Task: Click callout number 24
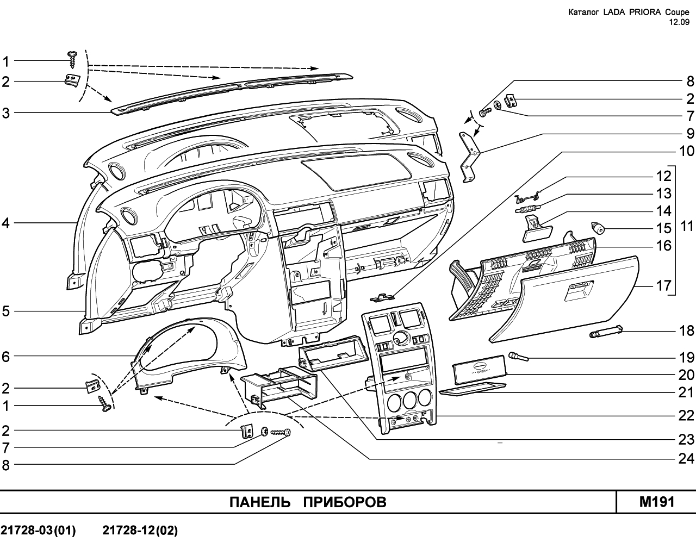click(686, 459)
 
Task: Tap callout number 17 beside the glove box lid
click(664, 285)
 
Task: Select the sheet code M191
click(657, 502)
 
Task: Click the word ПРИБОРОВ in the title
click(344, 502)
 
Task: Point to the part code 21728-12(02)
click(140, 531)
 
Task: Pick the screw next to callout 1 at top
click(72, 59)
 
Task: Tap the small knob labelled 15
click(598, 228)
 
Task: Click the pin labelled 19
click(518, 357)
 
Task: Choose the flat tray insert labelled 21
click(472, 387)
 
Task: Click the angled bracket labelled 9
click(468, 157)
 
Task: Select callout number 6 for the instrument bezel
click(6, 357)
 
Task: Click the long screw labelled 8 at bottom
click(280, 432)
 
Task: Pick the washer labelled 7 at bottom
click(264, 431)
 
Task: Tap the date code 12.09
click(679, 22)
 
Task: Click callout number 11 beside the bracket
click(687, 226)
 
